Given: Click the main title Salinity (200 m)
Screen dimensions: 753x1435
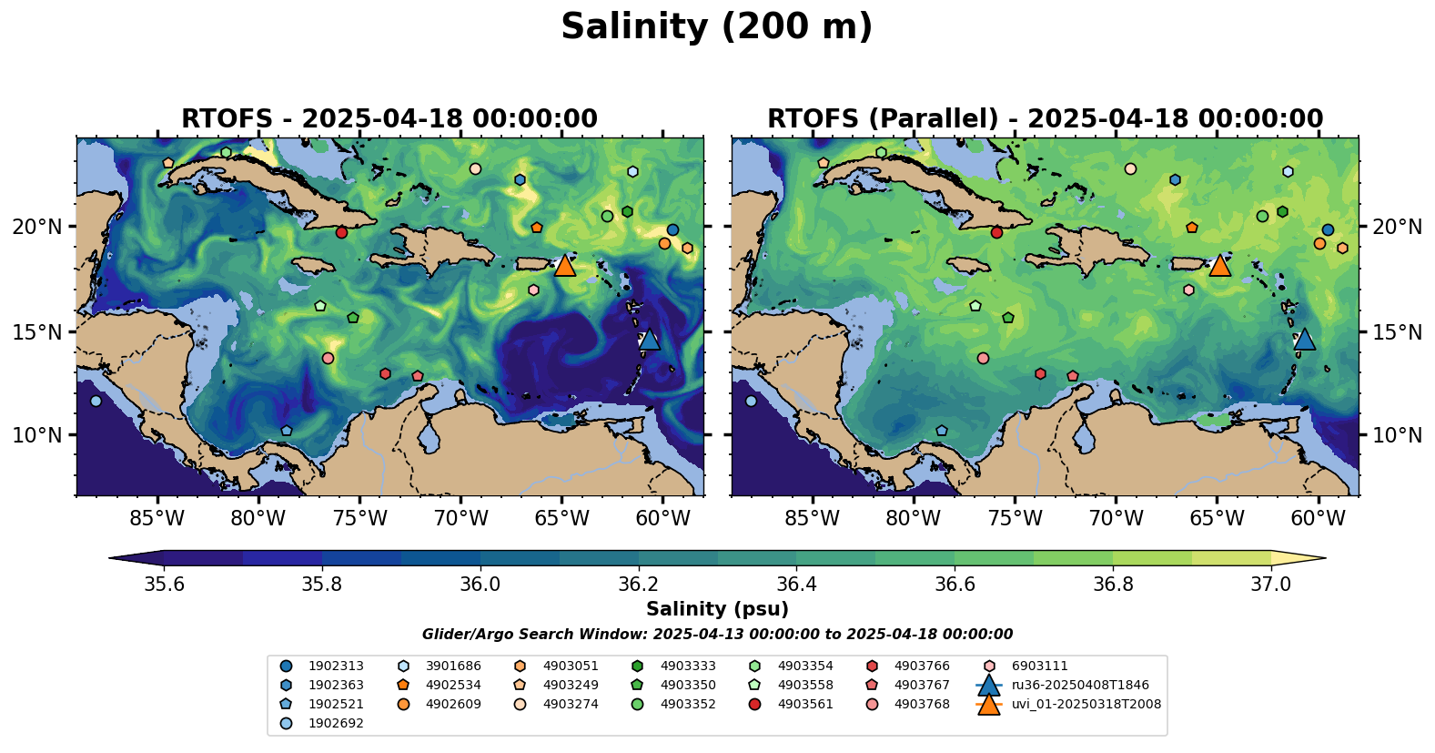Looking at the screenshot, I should point(716,27).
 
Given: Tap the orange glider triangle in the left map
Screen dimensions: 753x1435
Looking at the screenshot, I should point(564,265).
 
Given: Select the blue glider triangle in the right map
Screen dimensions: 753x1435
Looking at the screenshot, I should point(1304,339).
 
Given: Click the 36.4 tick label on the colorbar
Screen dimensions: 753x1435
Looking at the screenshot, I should point(795,584).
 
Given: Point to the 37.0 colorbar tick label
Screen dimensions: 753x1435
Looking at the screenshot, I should point(1270,584).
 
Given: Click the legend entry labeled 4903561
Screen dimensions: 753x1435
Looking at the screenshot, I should point(805,704).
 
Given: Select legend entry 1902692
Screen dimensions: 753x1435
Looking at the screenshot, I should point(336,723).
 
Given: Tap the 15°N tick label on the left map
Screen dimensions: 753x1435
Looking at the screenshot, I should point(37,331).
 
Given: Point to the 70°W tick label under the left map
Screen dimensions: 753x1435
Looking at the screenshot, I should point(460,519).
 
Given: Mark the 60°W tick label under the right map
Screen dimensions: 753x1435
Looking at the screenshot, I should point(1318,519).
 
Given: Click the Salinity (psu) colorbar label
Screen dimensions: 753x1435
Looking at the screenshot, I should point(717,609).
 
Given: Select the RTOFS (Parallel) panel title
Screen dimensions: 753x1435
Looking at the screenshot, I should point(1045,119).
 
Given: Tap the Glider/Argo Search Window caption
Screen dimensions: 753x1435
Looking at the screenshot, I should point(717,635).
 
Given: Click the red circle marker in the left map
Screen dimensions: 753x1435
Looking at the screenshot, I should point(341,232).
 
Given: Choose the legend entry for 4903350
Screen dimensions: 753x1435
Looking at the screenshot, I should point(688,685).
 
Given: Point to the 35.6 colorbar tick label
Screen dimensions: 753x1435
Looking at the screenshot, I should point(165,584).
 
